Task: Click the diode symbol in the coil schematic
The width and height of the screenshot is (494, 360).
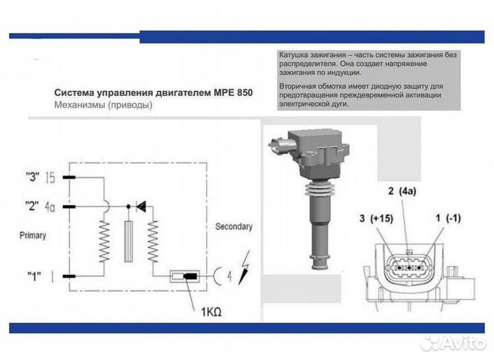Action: [x=141, y=206]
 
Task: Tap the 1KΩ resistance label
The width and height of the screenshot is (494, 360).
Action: [x=211, y=312]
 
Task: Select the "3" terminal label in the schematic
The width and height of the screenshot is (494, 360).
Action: [x=32, y=177]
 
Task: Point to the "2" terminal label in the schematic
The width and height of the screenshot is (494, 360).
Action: [x=32, y=206]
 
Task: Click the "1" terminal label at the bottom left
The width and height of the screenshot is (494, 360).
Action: [x=34, y=276]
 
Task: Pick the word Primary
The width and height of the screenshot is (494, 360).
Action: [x=33, y=235]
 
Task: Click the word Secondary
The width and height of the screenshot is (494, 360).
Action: [x=234, y=226]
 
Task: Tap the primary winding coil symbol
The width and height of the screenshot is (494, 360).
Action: [x=104, y=241]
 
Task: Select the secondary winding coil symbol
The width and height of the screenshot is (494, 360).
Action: [x=153, y=241]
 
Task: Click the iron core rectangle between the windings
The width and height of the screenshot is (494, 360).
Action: [x=128, y=241]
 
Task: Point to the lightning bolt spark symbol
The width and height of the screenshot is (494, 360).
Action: [x=244, y=267]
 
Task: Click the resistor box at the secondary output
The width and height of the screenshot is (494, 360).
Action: [x=185, y=276]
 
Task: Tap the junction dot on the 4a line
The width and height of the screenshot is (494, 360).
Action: [x=128, y=206]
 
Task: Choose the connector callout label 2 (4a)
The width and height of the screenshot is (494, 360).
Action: [x=402, y=191]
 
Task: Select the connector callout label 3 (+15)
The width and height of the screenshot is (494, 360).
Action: [x=376, y=218]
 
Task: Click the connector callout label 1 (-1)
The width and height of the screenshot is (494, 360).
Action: [x=448, y=217]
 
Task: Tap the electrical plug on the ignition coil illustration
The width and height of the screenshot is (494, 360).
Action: [x=281, y=145]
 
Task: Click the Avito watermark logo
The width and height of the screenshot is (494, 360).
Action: [x=453, y=343]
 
